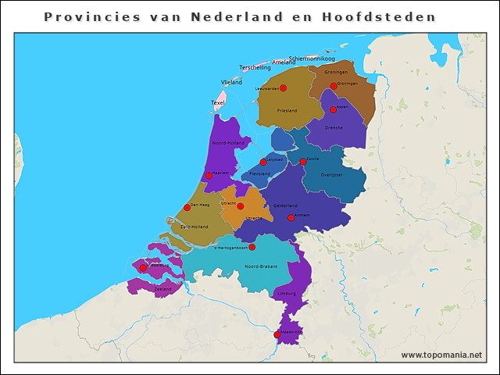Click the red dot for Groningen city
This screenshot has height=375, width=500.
tap(334, 86)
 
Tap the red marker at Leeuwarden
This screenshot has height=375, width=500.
tap(283, 88)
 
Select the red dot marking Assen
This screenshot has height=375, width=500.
tap(333, 109)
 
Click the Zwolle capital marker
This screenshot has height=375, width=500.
tap(303, 162)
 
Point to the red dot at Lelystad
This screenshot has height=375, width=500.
tap(263, 162)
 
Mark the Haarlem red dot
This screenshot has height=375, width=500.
tap(209, 175)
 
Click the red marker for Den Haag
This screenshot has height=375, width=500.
tap(187, 207)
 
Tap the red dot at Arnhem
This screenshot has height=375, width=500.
tap(291, 218)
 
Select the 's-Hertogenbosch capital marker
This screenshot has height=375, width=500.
tap(252, 247)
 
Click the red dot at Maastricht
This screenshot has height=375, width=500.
tap(277, 334)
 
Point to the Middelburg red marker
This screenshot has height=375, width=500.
tap(143, 268)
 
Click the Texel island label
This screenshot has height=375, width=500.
tap(218, 102)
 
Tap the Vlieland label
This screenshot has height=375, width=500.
tap(231, 81)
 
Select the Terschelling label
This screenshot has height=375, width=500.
tap(255, 68)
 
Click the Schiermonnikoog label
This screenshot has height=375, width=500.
tap(312, 59)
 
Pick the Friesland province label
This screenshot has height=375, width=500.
tap(287, 111)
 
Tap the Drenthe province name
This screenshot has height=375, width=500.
tap(334, 127)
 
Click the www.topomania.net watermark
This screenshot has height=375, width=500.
tap(441, 355)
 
